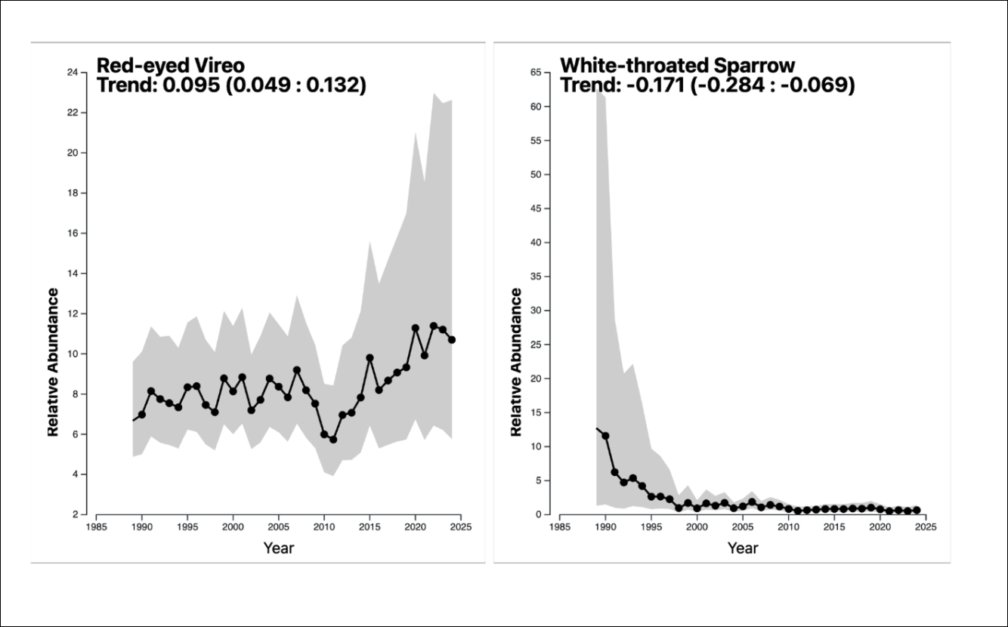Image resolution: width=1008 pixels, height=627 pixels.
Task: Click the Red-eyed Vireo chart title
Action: click(171, 65)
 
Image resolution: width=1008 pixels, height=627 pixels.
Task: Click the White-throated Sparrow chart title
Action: click(677, 65)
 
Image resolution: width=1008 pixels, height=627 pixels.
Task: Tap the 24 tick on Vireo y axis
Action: click(73, 73)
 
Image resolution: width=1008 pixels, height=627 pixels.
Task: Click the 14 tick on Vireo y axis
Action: click(73, 273)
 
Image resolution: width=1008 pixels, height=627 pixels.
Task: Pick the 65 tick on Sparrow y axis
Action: click(536, 73)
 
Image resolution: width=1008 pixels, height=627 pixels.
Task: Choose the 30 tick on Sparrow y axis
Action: click(536, 310)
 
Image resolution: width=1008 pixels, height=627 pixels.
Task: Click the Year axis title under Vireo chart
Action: click(279, 548)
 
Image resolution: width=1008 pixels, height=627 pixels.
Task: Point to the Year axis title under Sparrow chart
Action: click(743, 548)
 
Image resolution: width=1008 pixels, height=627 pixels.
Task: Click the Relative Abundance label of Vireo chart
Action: click(53, 362)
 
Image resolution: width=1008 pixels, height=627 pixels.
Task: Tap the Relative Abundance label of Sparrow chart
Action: click(516, 362)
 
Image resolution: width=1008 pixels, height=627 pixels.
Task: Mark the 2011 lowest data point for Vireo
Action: click(333, 439)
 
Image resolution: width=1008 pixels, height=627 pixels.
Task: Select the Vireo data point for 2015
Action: click(369, 358)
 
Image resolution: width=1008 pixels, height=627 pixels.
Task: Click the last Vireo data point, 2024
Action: click(452, 340)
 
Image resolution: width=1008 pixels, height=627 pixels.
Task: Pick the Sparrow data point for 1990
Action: click(605, 436)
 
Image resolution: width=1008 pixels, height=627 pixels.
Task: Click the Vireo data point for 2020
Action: click(416, 328)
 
